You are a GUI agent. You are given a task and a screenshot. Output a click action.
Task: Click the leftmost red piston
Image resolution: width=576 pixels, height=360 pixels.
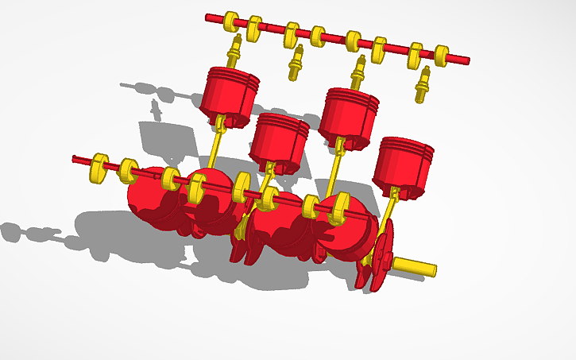coord(230,92)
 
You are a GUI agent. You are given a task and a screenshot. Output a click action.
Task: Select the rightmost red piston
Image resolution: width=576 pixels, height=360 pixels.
coord(404,163)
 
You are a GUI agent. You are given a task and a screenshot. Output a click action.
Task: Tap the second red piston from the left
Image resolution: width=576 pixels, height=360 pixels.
coord(279,137)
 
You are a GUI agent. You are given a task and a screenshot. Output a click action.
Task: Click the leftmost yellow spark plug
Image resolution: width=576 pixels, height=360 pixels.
coord(234,52)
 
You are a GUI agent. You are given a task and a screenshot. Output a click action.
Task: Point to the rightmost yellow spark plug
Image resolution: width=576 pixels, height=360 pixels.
coord(423,84)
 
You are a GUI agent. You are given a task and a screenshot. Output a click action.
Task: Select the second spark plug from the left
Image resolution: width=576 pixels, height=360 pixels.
coord(296,63)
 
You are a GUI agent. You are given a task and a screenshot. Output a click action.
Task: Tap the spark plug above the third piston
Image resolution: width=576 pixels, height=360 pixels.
coord(358,72)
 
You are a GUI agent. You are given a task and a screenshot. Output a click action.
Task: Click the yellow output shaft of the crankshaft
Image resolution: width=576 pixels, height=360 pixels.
coord(416,266)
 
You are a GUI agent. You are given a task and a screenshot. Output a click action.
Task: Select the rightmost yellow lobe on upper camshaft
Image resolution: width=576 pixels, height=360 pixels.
coord(442,55)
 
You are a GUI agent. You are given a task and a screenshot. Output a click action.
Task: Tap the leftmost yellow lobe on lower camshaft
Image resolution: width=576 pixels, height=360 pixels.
coord(99,165)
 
